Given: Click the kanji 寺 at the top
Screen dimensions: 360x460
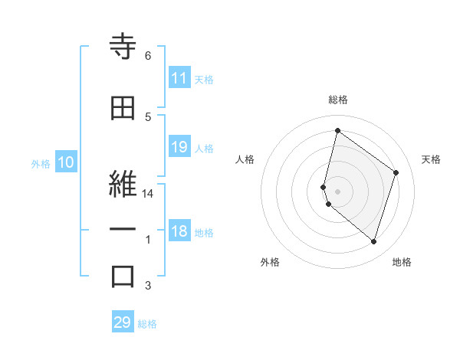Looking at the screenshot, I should pos(123,48).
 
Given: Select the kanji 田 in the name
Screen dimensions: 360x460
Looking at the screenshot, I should pos(123,109).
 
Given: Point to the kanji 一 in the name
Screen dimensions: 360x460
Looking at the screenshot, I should pos(123,230).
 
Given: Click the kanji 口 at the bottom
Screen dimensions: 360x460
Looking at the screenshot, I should pos(123,277).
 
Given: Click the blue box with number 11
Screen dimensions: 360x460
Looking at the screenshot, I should pos(179,78).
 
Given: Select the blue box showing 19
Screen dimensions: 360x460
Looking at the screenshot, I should pos(179,147).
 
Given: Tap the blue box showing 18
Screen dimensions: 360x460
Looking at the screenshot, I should pos(179,232).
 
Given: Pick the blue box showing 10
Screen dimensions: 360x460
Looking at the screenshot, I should pos(65,162).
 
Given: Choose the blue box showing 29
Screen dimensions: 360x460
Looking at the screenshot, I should pos(123,322).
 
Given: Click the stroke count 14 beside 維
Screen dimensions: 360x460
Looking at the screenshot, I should pos(148,194).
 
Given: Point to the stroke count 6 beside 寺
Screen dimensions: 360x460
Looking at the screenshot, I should pos(148,56).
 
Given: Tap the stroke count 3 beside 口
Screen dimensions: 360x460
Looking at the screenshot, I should pos(148,286).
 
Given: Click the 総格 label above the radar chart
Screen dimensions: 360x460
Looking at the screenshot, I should pos(338,100).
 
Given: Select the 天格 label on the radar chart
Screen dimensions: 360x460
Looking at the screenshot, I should pos(431,159).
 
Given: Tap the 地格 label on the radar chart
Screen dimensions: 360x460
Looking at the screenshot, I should pos(402,262).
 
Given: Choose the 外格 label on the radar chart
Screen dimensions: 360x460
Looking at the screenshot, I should pos(270,262).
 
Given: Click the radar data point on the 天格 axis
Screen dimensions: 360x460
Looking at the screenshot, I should pos(396,172).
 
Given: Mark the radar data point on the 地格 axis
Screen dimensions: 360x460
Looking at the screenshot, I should pos(373,242).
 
